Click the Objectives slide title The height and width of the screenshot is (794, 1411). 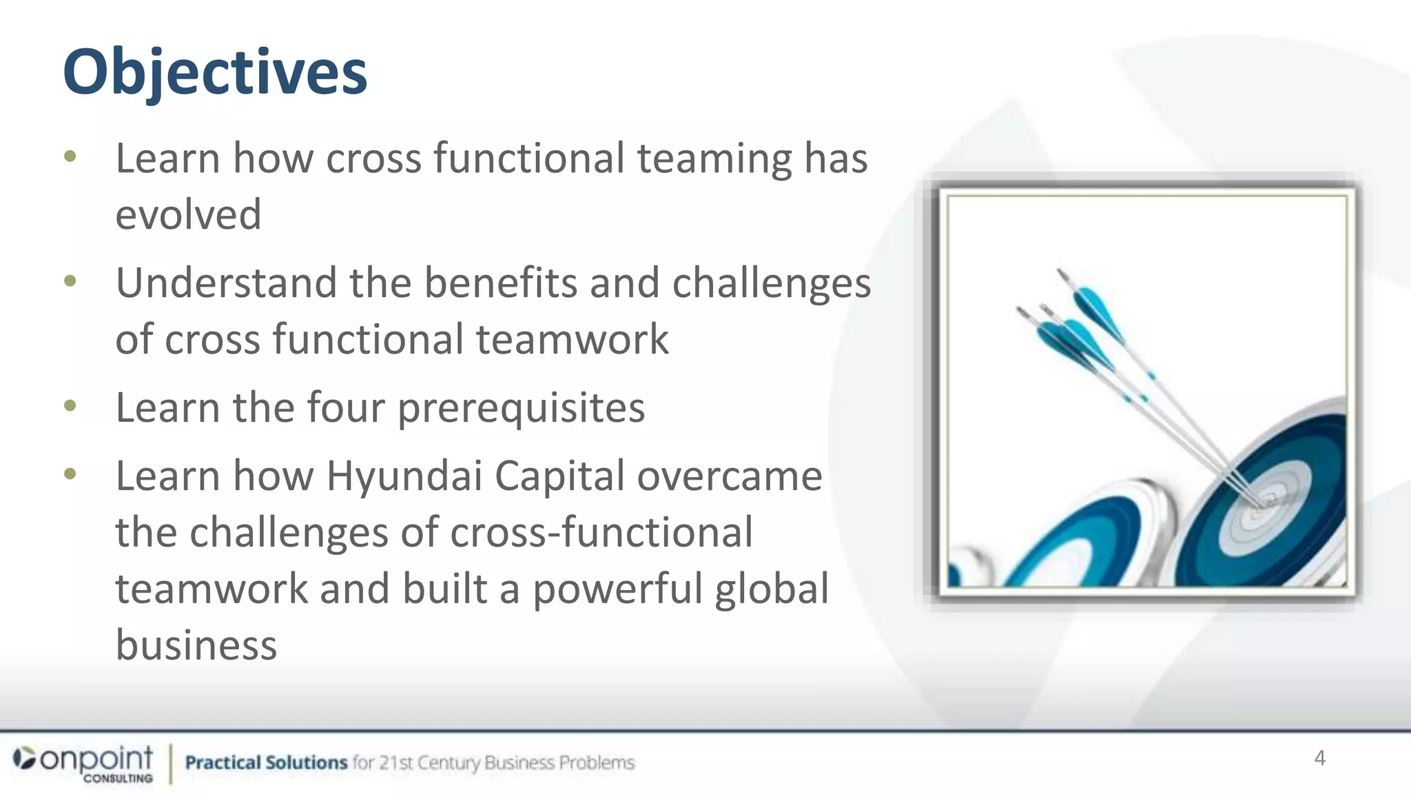pyautogui.click(x=214, y=73)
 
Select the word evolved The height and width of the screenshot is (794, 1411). pyautogui.click(x=188, y=214)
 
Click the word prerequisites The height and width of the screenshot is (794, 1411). pyautogui.click(x=521, y=408)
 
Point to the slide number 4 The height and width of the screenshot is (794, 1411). pyautogui.click(x=1319, y=758)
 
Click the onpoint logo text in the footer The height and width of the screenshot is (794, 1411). pyautogui.click(x=96, y=759)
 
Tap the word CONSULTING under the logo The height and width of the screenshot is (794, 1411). pyautogui.click(x=118, y=779)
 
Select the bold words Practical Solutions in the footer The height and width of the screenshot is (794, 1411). pyautogui.click(x=266, y=763)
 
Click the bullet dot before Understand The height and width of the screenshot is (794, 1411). pyautogui.click(x=70, y=281)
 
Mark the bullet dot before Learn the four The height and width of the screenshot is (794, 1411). pyautogui.click(x=70, y=405)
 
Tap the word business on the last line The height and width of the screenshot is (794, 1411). pyautogui.click(x=196, y=645)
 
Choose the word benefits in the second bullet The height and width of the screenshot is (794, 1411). pyautogui.click(x=500, y=283)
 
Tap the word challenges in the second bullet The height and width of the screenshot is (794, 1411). pyautogui.click(x=771, y=283)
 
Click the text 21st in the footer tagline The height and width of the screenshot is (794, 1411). pyautogui.click(x=395, y=763)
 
